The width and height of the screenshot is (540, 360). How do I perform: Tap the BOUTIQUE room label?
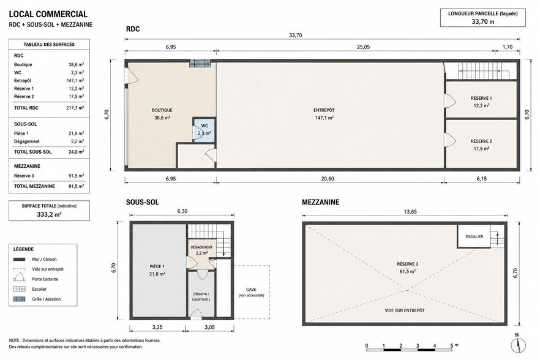click(x=162, y=110)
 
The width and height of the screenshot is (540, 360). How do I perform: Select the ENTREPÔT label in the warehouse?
click(x=324, y=110)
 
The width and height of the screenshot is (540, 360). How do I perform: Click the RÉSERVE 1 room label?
click(x=481, y=98)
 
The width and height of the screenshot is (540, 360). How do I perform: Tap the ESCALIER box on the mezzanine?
click(x=474, y=236)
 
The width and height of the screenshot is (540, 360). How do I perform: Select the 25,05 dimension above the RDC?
click(x=363, y=47)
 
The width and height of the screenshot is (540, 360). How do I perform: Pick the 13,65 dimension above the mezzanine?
click(x=410, y=211)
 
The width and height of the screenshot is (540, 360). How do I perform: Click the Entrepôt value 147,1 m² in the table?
click(x=75, y=81)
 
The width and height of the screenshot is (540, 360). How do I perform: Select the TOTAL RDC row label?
click(x=26, y=108)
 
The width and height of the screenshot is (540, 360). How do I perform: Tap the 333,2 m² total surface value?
click(x=49, y=214)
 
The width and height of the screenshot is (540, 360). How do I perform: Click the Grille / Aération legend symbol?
click(x=20, y=299)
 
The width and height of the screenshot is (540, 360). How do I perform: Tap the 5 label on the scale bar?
click(x=451, y=345)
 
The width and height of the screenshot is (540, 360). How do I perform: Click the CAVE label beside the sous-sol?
click(x=251, y=290)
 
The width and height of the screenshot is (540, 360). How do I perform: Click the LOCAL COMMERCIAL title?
click(x=48, y=14)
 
